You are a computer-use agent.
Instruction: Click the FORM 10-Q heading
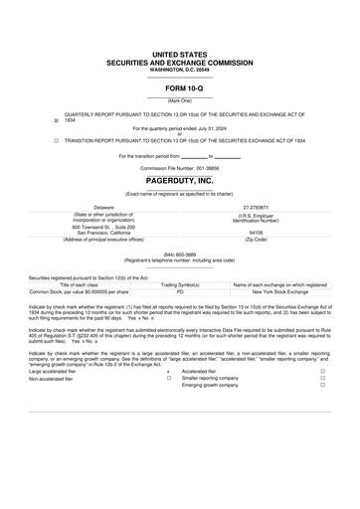[180, 89]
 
